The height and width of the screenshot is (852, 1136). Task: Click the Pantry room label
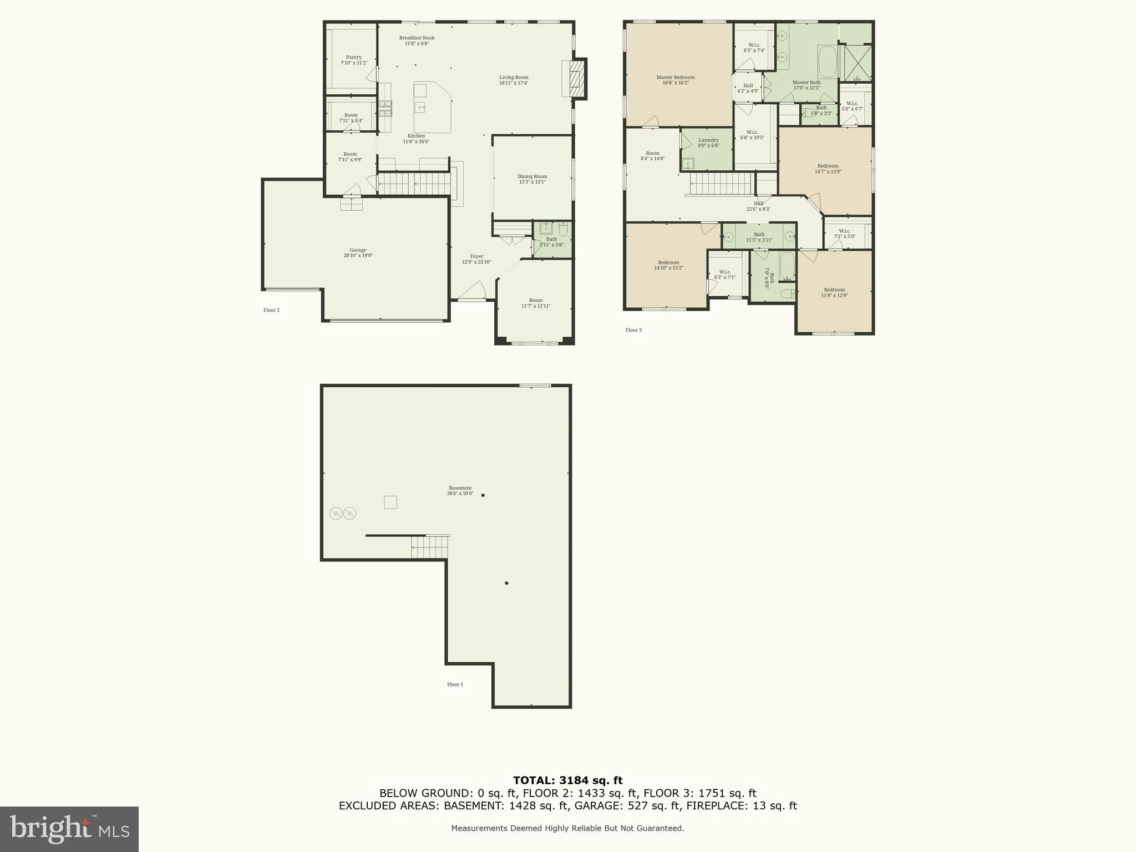[354, 60]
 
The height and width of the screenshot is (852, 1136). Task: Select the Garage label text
[358, 253]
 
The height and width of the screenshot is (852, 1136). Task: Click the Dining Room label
[532, 179]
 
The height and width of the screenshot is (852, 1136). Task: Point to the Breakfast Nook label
[417, 40]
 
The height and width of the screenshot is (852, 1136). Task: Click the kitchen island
[432, 108]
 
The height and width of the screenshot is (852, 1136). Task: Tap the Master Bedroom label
[675, 80]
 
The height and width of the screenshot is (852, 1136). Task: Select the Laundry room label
[708, 143]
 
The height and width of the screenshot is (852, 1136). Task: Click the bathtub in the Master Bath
[828, 62]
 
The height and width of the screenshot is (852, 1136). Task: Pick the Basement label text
[460, 490]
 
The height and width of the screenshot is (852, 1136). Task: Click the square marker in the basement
[390, 502]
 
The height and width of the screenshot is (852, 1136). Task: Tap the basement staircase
[429, 547]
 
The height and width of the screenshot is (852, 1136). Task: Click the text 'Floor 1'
[455, 684]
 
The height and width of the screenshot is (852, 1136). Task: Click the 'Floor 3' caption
[633, 330]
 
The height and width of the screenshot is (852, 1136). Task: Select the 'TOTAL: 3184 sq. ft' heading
[567, 780]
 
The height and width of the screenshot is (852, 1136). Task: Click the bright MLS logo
[69, 829]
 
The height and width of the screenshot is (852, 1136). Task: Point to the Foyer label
[476, 259]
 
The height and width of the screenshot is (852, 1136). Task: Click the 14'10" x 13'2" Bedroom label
[668, 265]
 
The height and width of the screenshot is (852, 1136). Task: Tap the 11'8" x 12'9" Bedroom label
[834, 292]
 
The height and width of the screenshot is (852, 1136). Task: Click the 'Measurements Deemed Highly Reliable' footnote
[567, 828]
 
